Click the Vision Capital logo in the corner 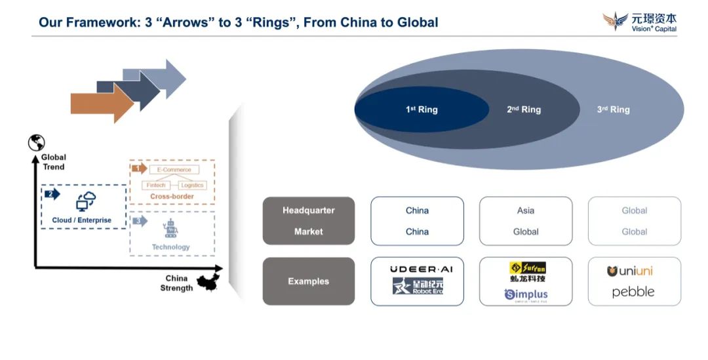[x=639, y=22]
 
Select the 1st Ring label [x=422, y=110]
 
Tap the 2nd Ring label [x=524, y=110]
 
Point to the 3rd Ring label [x=613, y=110]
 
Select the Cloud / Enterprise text [x=82, y=220]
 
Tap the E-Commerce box [x=174, y=170]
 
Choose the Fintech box [x=156, y=186]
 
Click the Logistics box [x=192, y=186]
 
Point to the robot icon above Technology [x=170, y=230]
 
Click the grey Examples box [x=308, y=281]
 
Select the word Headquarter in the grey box [x=308, y=210]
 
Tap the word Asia [x=525, y=210]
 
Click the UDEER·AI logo [x=417, y=269]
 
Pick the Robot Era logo [x=417, y=286]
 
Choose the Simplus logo [x=526, y=295]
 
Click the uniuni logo [x=630, y=271]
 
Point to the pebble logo [x=633, y=292]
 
